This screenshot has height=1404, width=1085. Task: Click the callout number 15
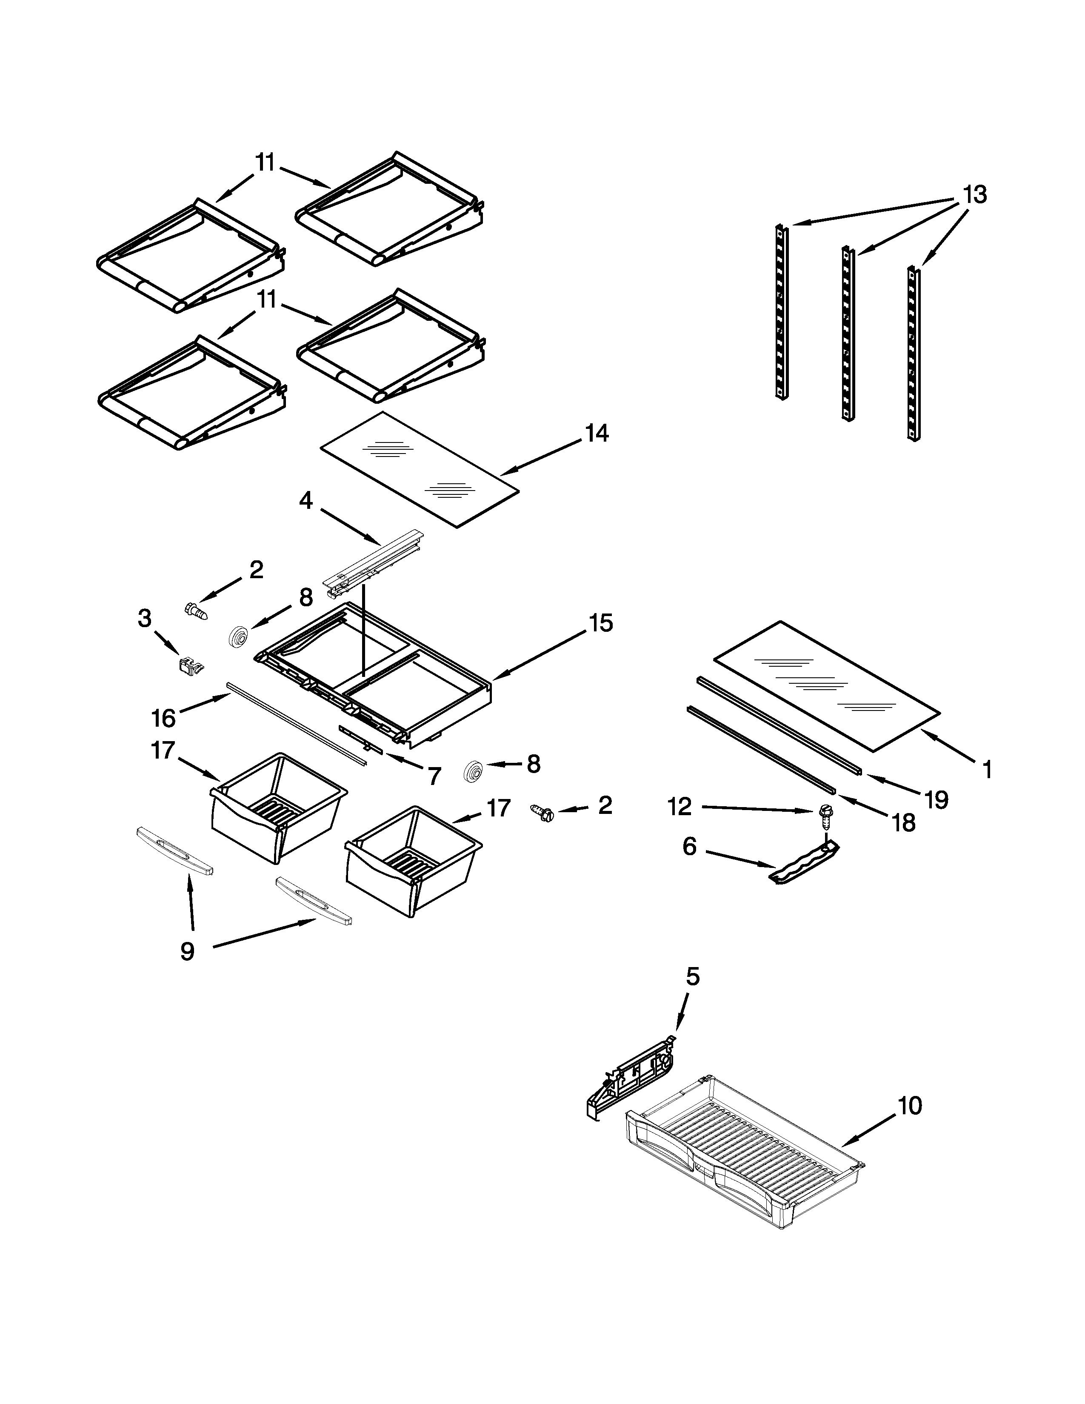[601, 623]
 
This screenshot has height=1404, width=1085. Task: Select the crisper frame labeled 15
[379, 682]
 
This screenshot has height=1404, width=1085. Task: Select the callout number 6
[689, 847]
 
